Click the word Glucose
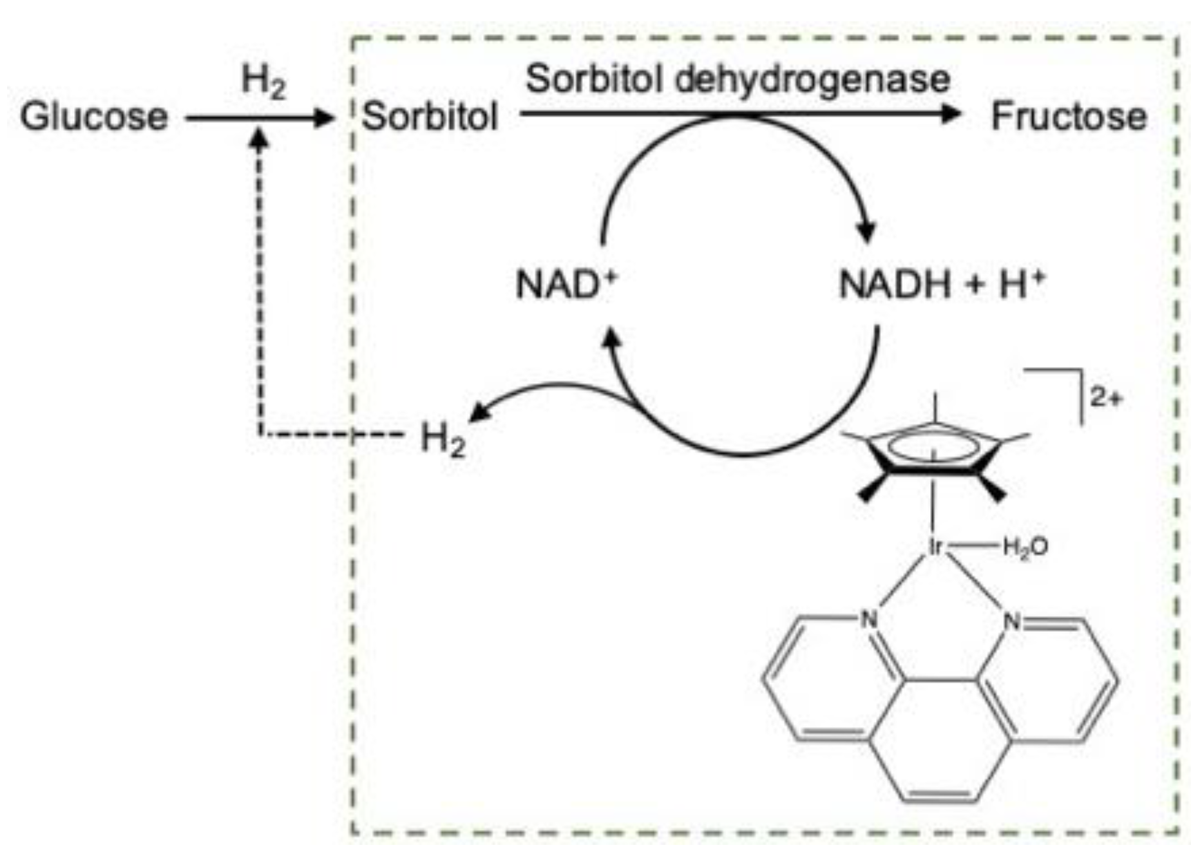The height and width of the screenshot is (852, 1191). click(x=94, y=117)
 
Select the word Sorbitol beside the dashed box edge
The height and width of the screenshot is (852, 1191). click(x=430, y=117)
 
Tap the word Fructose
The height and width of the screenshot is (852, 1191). click(x=1069, y=117)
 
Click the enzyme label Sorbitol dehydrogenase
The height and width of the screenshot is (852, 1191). click(x=738, y=80)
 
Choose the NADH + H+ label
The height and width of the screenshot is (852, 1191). click(x=942, y=285)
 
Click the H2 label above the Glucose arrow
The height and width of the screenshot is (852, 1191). click(x=263, y=83)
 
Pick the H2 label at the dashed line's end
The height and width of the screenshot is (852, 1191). click(x=443, y=440)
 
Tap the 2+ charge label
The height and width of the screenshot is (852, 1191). click(x=1106, y=398)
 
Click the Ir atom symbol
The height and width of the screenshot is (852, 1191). click(x=935, y=547)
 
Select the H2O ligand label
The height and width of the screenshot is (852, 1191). click(x=1025, y=547)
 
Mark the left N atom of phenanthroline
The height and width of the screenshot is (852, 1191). click(x=869, y=620)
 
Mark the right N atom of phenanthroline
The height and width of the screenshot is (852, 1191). click(x=1012, y=621)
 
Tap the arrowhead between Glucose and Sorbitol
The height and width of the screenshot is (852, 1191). click(x=323, y=118)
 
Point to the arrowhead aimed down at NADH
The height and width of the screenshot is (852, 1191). click(x=867, y=232)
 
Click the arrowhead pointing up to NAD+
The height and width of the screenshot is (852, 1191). click(x=612, y=336)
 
